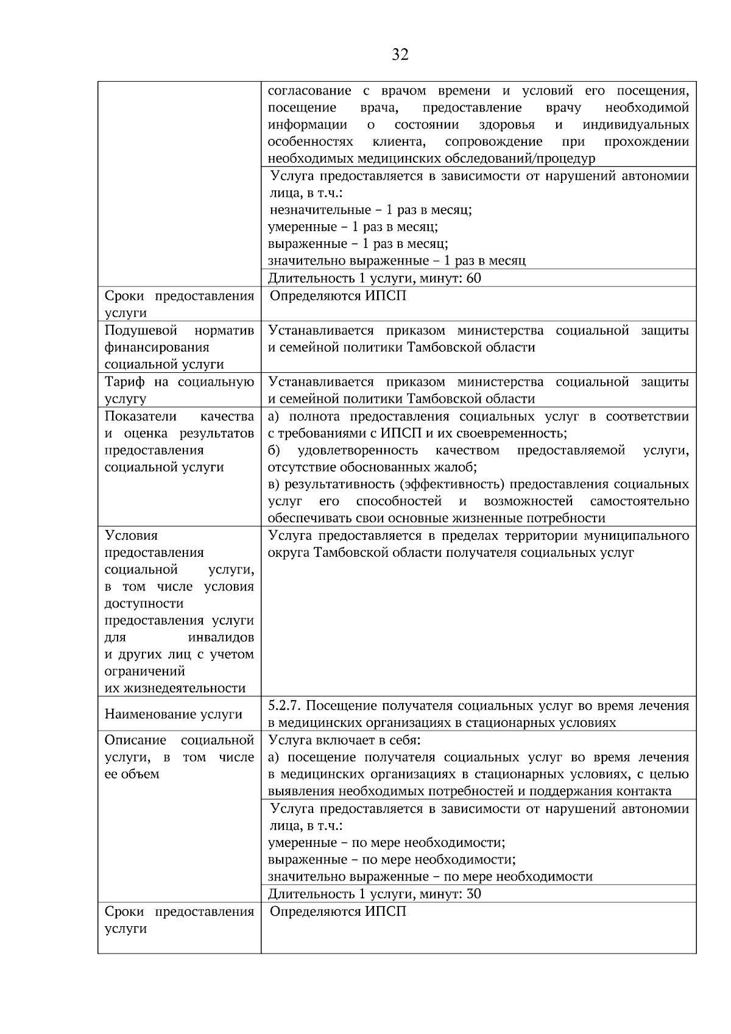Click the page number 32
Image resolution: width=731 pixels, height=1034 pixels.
[x=400, y=55]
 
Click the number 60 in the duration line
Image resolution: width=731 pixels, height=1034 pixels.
[x=473, y=278]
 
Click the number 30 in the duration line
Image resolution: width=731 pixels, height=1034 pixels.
[x=473, y=894]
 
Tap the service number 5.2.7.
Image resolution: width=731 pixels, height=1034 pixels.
[x=284, y=706]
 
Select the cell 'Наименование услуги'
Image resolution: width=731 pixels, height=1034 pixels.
[x=174, y=714]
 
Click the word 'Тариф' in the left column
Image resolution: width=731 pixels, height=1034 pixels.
[x=125, y=382]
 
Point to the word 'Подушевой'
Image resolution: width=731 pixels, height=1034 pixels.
[x=141, y=330]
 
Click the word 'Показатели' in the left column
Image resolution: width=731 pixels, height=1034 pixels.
[x=141, y=416]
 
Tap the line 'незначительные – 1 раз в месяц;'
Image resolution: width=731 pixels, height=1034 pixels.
[x=370, y=210]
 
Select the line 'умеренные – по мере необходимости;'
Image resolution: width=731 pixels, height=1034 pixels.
[x=386, y=843]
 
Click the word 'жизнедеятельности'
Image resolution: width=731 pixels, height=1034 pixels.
[x=175, y=689]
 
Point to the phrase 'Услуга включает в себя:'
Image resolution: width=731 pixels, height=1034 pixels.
[x=345, y=740]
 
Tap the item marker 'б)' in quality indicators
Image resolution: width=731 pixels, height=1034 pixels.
[x=274, y=450]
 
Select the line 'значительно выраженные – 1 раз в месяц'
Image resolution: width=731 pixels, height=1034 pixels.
[x=397, y=261]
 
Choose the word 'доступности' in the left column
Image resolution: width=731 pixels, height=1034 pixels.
[x=144, y=603]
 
